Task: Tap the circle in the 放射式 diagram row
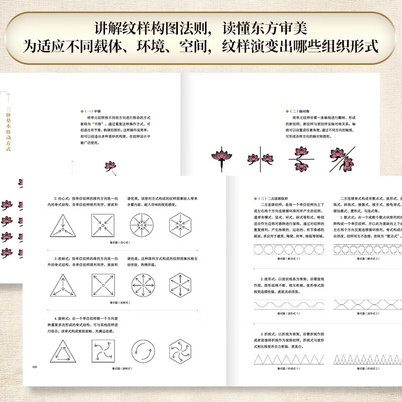click(x=142, y=287)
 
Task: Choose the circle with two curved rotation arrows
click(x=142, y=350)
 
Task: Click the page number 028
click(x=35, y=367)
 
